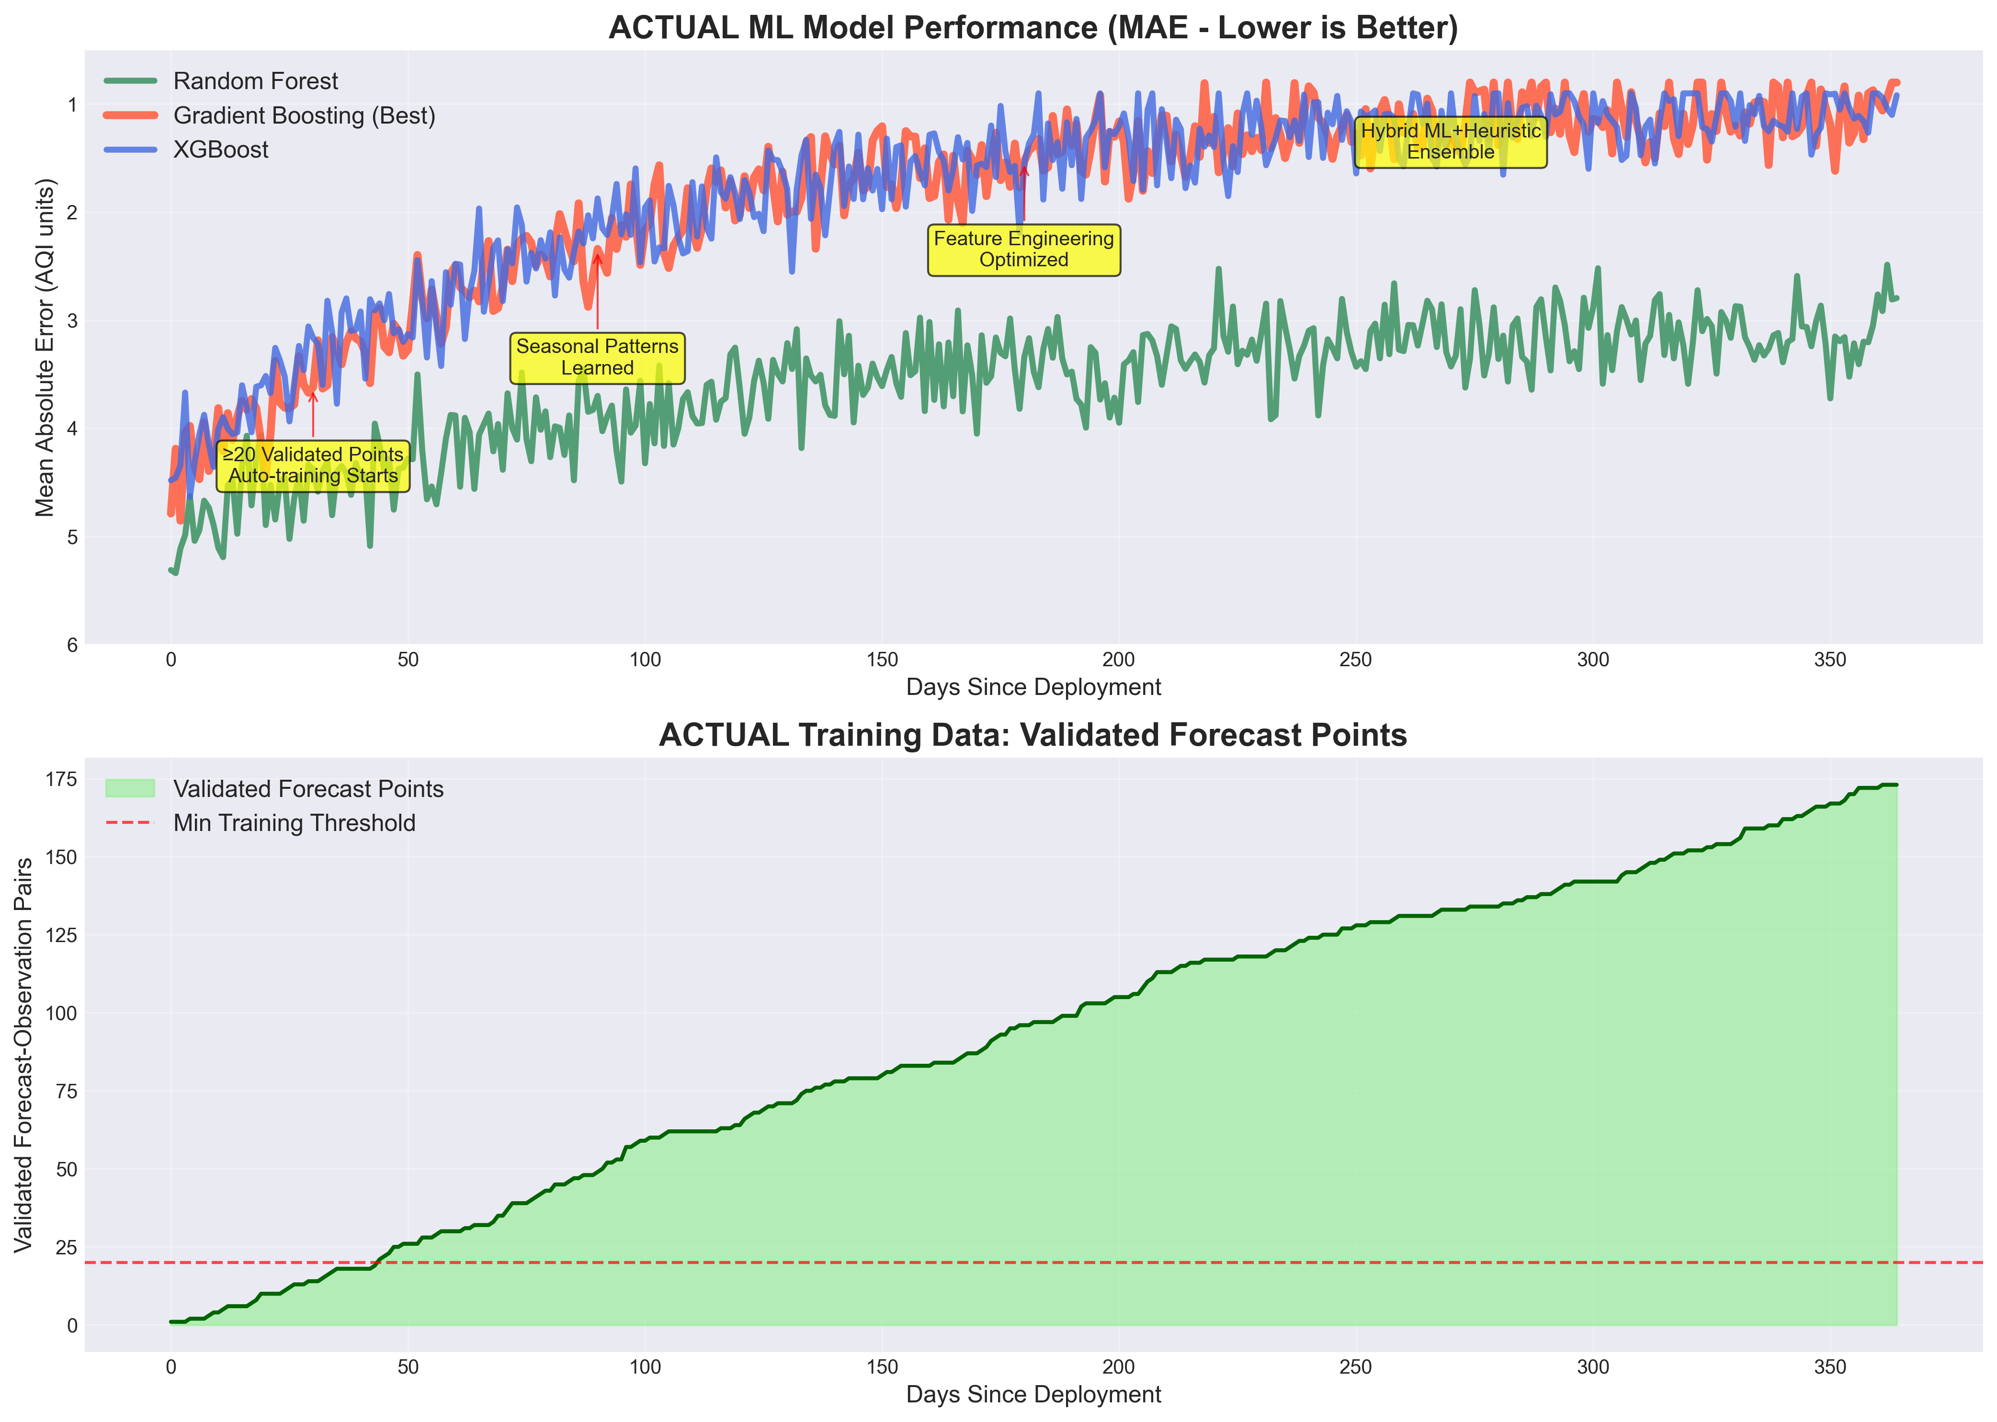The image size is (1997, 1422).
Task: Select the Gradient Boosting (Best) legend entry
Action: [304, 115]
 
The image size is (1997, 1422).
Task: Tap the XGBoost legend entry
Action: [221, 150]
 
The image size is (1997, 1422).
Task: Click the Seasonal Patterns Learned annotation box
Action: [597, 357]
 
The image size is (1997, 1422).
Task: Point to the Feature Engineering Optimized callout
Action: [1023, 250]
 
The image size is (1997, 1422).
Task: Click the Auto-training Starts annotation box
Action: [313, 466]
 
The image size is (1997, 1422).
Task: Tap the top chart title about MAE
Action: [1033, 28]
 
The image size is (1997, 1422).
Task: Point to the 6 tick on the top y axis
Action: [72, 645]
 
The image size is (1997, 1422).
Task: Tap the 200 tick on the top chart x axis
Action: [1118, 660]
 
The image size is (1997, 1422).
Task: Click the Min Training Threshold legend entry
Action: [294, 823]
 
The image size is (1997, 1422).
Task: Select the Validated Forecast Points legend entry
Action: [308, 789]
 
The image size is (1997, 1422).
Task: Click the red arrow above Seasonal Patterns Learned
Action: [597, 289]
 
